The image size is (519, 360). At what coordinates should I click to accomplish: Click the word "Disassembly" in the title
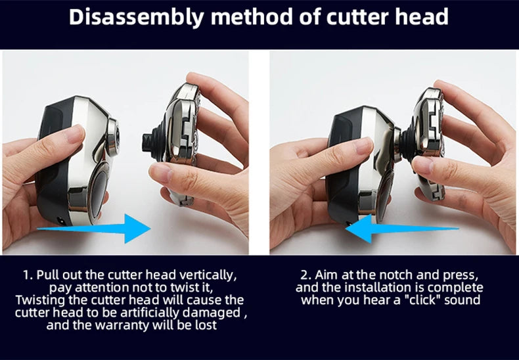pos(137,16)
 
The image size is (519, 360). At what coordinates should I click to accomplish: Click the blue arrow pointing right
pos(94,229)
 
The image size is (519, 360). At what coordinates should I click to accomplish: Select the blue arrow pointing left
pos(402,229)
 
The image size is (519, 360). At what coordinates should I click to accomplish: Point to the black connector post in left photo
pos(150,143)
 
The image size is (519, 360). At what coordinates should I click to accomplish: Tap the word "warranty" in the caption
pos(133,325)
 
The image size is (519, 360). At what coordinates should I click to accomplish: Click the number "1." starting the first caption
pos(28,275)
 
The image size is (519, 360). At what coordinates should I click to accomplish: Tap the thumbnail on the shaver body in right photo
pos(364,145)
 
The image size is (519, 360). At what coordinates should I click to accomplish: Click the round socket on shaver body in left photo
pos(112,137)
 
